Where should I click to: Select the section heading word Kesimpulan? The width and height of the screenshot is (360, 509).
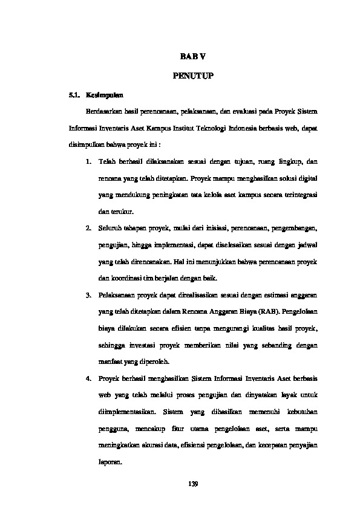tap(105, 96)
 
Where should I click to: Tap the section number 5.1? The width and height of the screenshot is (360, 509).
tap(74, 96)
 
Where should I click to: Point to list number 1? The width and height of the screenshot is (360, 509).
tap(88, 163)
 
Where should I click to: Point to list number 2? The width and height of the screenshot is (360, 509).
tap(88, 230)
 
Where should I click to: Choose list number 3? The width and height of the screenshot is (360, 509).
tap(88, 295)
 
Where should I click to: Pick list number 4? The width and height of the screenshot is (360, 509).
tap(88, 378)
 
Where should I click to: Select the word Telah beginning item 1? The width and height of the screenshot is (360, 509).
tap(106, 163)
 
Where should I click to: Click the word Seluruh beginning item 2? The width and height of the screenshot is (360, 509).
tap(110, 230)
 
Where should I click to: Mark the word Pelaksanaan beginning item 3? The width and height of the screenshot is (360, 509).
tap(117, 295)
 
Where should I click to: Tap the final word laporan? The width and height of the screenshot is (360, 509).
tap(109, 462)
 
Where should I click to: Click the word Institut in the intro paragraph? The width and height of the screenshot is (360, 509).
tap(181, 129)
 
